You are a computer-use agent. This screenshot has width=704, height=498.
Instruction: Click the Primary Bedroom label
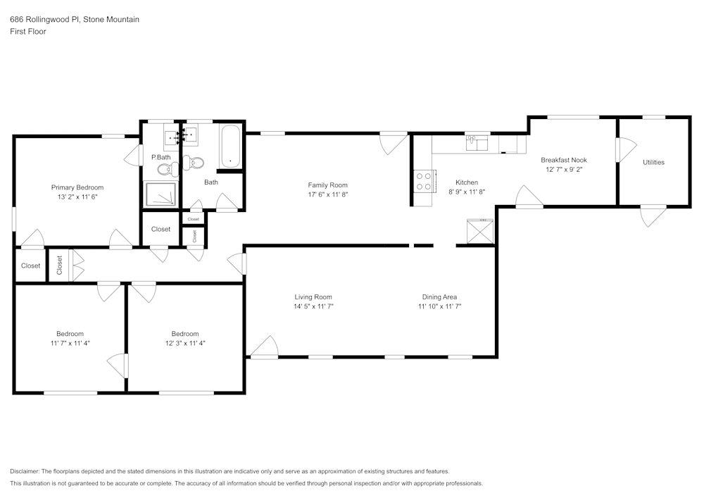(77, 187)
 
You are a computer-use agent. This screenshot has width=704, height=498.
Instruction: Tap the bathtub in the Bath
(231, 147)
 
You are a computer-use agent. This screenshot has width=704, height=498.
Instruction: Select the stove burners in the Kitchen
(422, 182)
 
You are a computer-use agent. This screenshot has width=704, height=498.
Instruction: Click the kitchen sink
(477, 144)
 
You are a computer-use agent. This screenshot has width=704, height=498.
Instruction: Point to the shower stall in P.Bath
(161, 194)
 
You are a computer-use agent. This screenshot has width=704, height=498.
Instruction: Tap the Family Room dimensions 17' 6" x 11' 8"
(328, 194)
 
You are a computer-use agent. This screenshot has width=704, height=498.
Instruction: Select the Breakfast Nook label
(564, 160)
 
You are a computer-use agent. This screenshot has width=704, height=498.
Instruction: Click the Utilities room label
(654, 162)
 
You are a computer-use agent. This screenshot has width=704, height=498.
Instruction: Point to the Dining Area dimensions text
(439, 306)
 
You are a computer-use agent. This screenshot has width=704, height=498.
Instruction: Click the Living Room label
(313, 297)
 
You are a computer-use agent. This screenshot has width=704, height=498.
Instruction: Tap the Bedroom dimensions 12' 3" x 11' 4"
(185, 343)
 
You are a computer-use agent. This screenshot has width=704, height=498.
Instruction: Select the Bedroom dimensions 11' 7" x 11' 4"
(70, 343)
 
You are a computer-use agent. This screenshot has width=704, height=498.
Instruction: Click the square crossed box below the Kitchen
(480, 231)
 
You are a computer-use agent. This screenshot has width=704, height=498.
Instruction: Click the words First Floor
(28, 32)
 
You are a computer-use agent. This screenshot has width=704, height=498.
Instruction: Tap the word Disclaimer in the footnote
(24, 471)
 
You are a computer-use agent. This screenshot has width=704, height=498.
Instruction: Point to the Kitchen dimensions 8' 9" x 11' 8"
(467, 192)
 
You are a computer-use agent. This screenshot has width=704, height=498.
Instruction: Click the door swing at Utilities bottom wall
(654, 216)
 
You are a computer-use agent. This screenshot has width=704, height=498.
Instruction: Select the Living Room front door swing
(264, 347)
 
